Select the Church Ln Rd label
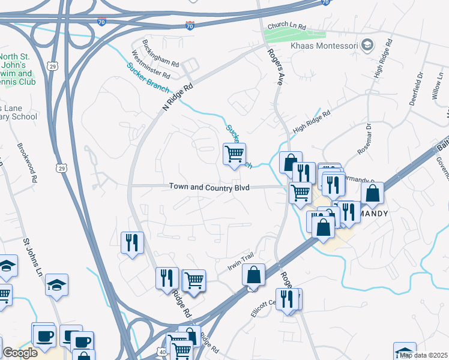click(287, 27)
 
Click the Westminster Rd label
click(151, 66)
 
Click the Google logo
click(20, 353)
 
